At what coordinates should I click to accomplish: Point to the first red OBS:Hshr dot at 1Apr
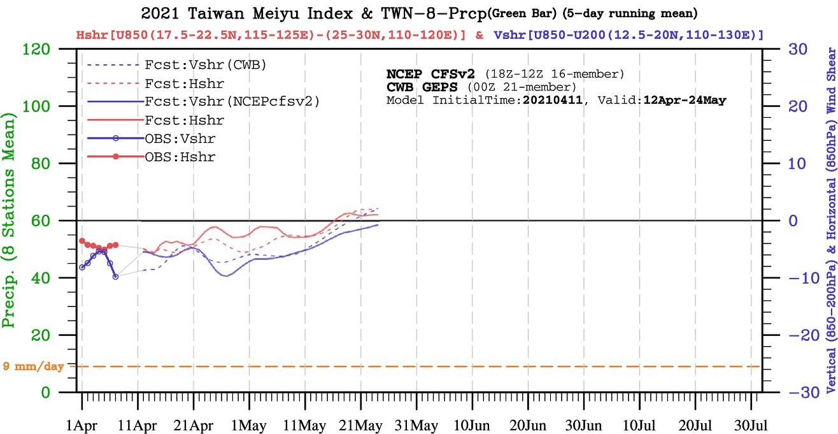pos(82,241)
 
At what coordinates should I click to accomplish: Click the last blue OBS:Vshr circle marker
pos(115,277)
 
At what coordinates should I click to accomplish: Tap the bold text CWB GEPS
pos(422,87)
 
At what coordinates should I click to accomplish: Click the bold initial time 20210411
pos(551,101)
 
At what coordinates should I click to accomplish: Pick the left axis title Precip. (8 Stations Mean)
pos(10,221)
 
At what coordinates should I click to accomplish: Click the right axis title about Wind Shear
pos(830,221)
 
